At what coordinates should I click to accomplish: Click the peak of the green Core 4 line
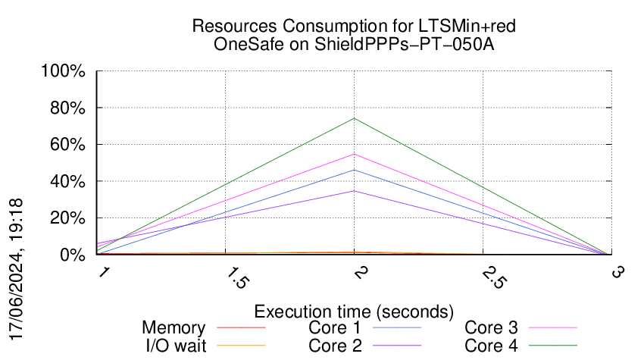coord(354,118)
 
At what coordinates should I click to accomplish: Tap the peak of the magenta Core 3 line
coord(354,154)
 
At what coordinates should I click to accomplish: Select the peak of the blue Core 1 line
coord(354,170)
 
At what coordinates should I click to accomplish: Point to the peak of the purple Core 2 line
coord(354,190)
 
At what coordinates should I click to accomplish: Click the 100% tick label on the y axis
coord(67,72)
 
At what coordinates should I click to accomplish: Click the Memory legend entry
coord(174,328)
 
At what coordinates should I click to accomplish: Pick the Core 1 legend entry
coord(333,328)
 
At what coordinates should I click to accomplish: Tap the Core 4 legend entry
coord(491,346)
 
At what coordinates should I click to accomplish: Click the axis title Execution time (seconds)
coord(354,311)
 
